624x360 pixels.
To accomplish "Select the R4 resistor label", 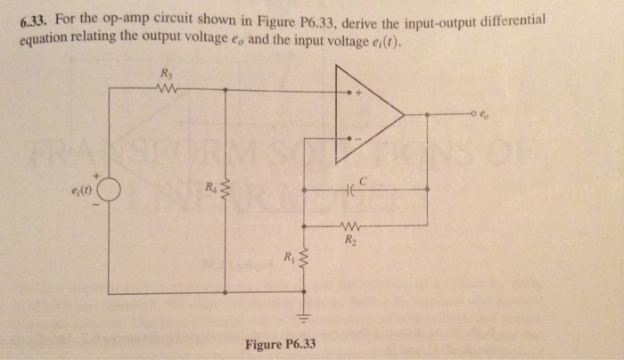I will [x=210, y=188].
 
